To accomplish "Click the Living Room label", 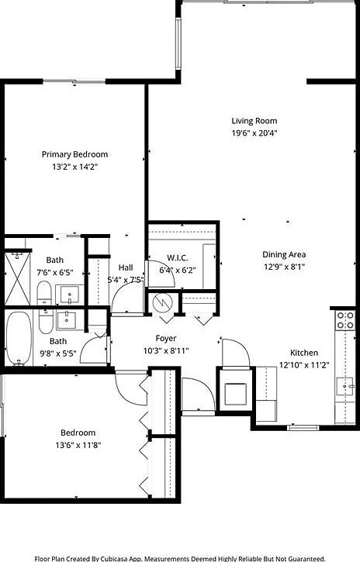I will click(254, 121).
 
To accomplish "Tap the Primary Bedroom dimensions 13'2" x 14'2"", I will click(74, 167).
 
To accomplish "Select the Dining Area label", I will click(283, 254).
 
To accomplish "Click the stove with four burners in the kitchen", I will click(345, 321).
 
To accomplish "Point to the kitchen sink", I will click(344, 384).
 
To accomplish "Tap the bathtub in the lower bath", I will click(18, 338).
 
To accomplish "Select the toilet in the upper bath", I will click(44, 293).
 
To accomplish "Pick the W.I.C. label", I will click(177, 258).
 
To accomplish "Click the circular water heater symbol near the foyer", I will click(164, 302).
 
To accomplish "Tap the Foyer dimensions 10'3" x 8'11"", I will click(167, 350).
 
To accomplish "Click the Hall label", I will click(125, 267).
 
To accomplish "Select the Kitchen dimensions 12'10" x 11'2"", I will click(304, 364).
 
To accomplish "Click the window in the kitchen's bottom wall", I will click(303, 427).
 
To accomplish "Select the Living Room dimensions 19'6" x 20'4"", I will click(254, 133).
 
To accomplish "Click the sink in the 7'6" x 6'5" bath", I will click(70, 294).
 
